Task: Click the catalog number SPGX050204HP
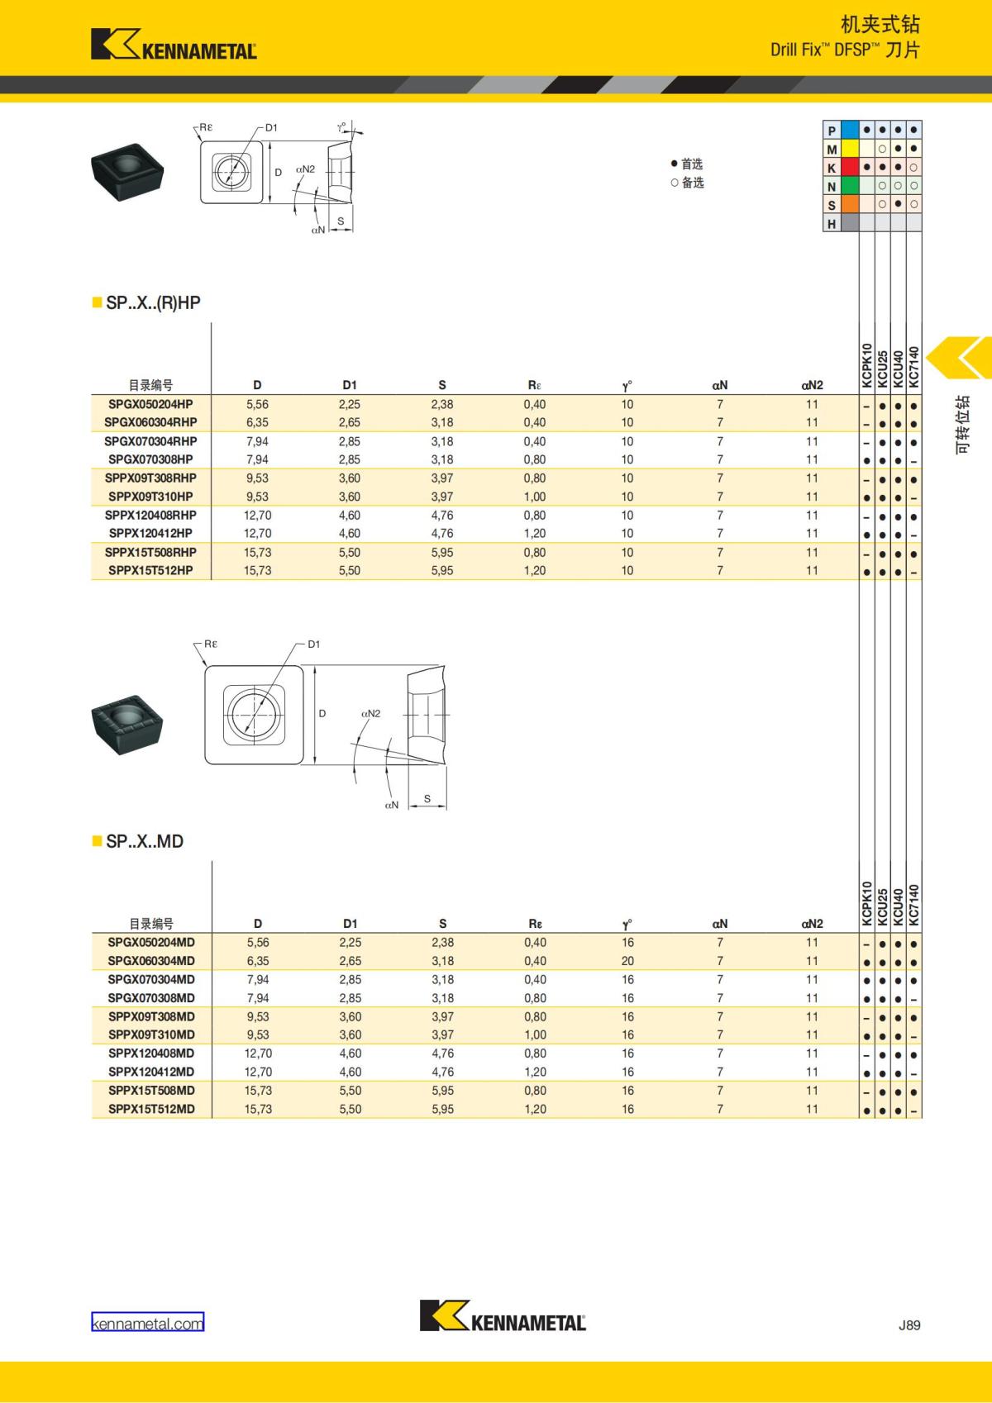150,404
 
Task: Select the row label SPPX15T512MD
151,1109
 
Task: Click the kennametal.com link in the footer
147,1323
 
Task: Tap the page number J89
909,1325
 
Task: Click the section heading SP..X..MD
144,841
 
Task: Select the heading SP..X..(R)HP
152,302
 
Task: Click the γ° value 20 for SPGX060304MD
627,961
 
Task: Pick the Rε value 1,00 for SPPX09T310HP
534,497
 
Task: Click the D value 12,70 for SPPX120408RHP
257,515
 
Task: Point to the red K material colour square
850,168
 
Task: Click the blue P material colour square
850,131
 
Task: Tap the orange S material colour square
850,204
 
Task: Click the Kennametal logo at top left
174,45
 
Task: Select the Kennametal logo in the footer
503,1315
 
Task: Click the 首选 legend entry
687,164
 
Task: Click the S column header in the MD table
442,924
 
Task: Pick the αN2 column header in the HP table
812,385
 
